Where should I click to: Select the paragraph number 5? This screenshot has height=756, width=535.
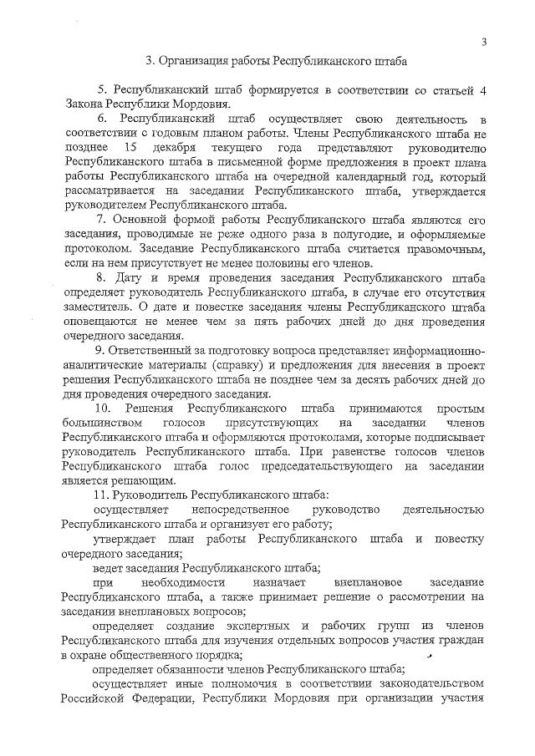pyautogui.click(x=101, y=89)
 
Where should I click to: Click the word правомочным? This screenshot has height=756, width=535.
pyautogui.click(x=441, y=250)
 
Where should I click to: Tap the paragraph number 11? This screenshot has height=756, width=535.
pyautogui.click(x=104, y=497)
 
